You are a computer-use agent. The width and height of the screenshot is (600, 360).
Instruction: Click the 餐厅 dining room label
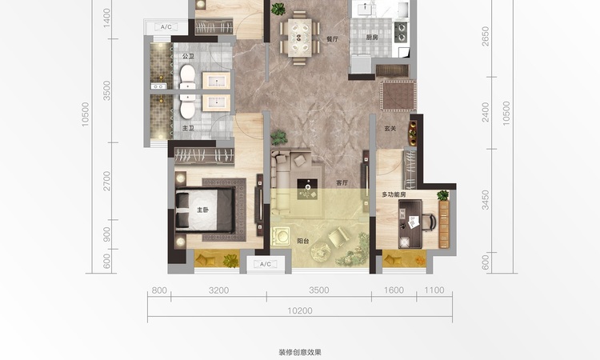[x=332, y=38]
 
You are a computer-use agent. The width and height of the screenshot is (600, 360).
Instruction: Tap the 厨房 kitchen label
[x=372, y=38]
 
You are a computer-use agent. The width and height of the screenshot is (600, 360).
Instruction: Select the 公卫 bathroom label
[x=188, y=56]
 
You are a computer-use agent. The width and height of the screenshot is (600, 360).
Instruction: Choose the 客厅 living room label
[x=342, y=182]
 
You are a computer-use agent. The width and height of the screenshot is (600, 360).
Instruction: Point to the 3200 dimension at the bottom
[x=218, y=290]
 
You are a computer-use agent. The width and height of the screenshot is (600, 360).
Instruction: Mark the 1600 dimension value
[x=393, y=290]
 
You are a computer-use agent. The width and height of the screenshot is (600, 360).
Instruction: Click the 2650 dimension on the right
[x=485, y=37]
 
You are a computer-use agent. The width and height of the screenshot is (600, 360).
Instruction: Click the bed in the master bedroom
[x=208, y=210]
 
